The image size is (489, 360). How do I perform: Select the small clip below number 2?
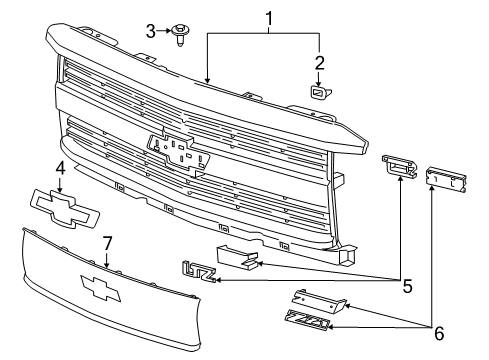319,93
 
